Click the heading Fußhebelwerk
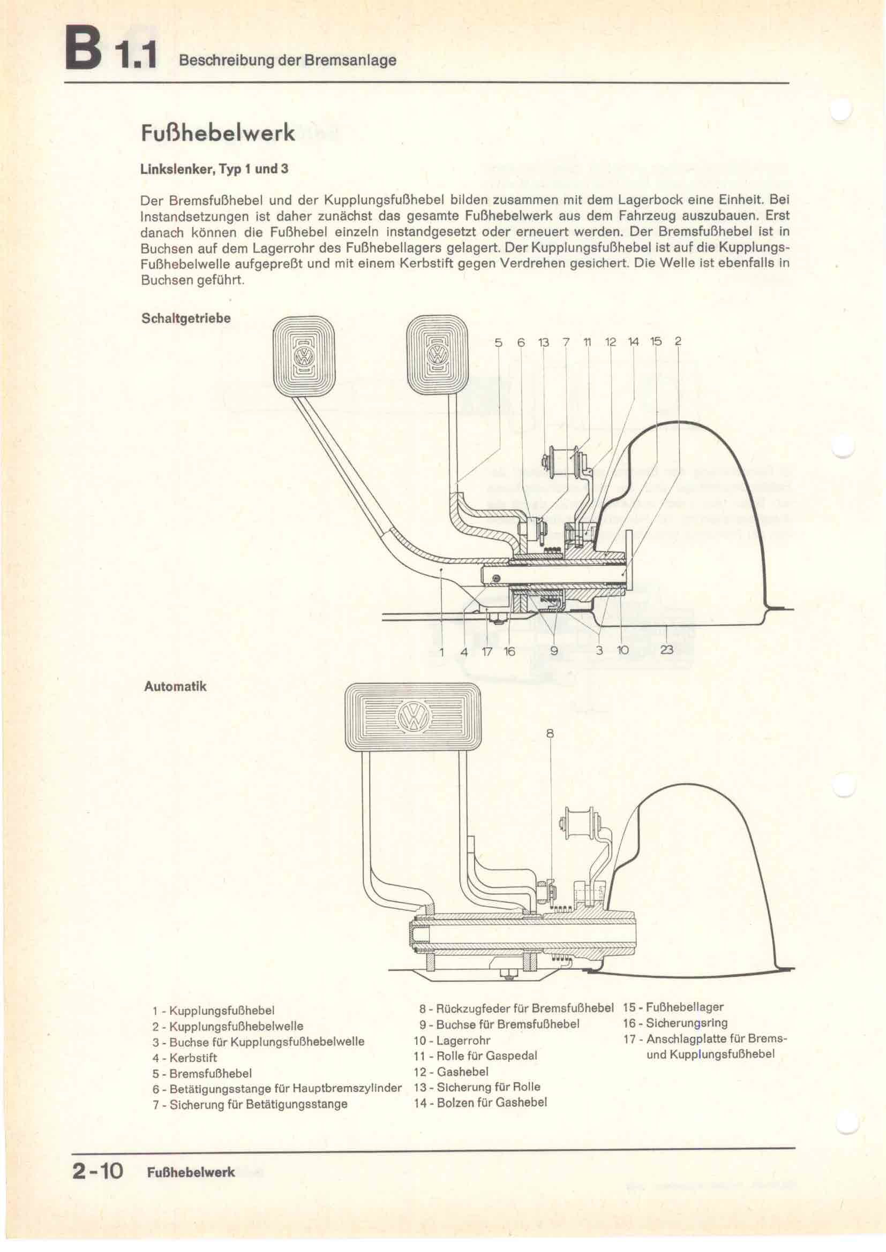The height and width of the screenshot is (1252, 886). tap(218, 133)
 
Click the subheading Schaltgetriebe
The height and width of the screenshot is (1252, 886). tap(186, 318)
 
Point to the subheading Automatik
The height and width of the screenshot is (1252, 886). tap(175, 686)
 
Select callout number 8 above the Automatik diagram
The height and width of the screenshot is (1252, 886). tap(550, 734)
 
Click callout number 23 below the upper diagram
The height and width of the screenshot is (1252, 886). tap(667, 650)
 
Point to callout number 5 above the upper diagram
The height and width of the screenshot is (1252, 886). tap(498, 343)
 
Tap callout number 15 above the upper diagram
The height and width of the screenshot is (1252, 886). tap(656, 342)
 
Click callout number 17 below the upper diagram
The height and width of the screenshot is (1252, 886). tap(487, 651)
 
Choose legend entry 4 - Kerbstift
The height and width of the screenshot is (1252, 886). tap(184, 1058)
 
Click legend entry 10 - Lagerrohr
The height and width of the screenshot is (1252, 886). tap(452, 1041)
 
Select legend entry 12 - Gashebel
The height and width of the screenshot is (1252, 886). tap(451, 1072)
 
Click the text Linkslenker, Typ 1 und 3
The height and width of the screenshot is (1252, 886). tap(214, 169)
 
